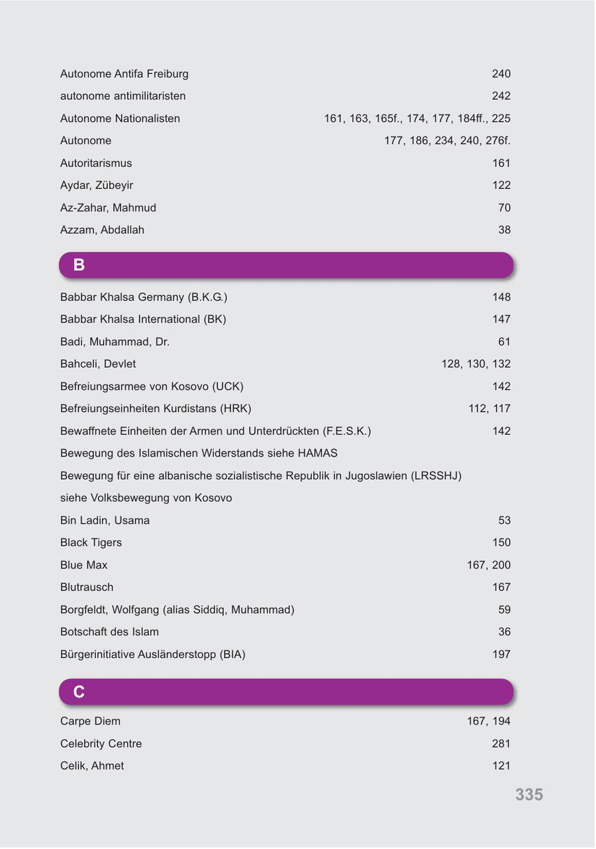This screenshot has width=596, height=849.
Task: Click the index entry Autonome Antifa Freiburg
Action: (x=124, y=74)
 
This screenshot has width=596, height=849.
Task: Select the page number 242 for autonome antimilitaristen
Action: (x=501, y=96)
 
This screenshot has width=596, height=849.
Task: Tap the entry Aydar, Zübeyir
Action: (x=96, y=186)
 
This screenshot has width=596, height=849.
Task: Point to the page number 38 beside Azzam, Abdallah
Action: (x=504, y=230)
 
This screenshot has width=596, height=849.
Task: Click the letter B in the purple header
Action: (x=79, y=265)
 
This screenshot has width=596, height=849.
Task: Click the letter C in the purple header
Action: (x=79, y=692)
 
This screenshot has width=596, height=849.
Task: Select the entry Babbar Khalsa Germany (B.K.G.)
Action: (x=143, y=297)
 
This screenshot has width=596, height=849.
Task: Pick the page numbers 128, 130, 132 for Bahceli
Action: (x=475, y=364)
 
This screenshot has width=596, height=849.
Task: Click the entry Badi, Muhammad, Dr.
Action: (x=115, y=342)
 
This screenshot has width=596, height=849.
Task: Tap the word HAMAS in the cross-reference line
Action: (x=317, y=453)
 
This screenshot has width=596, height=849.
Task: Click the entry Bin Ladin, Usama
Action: (x=105, y=520)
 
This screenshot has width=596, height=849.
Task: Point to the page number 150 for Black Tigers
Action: (x=501, y=543)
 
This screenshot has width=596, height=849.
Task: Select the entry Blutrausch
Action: (x=87, y=587)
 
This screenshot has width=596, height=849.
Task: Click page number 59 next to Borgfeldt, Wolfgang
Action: (x=504, y=610)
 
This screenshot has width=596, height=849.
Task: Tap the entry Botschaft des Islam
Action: (x=109, y=632)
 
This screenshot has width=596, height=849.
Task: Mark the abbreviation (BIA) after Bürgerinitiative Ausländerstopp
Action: (x=232, y=655)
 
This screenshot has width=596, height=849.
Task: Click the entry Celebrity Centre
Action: (x=101, y=744)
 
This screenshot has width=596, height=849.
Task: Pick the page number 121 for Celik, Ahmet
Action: (x=501, y=766)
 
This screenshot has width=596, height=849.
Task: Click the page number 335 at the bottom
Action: (x=529, y=795)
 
